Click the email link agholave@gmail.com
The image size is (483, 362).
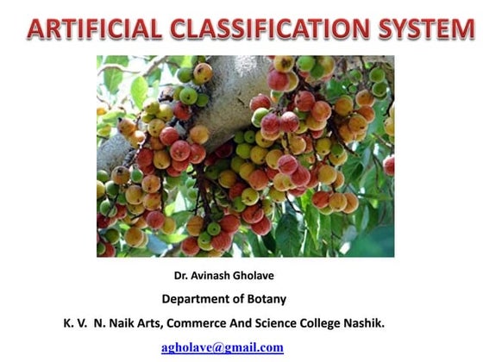pyautogui.click(x=223, y=347)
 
